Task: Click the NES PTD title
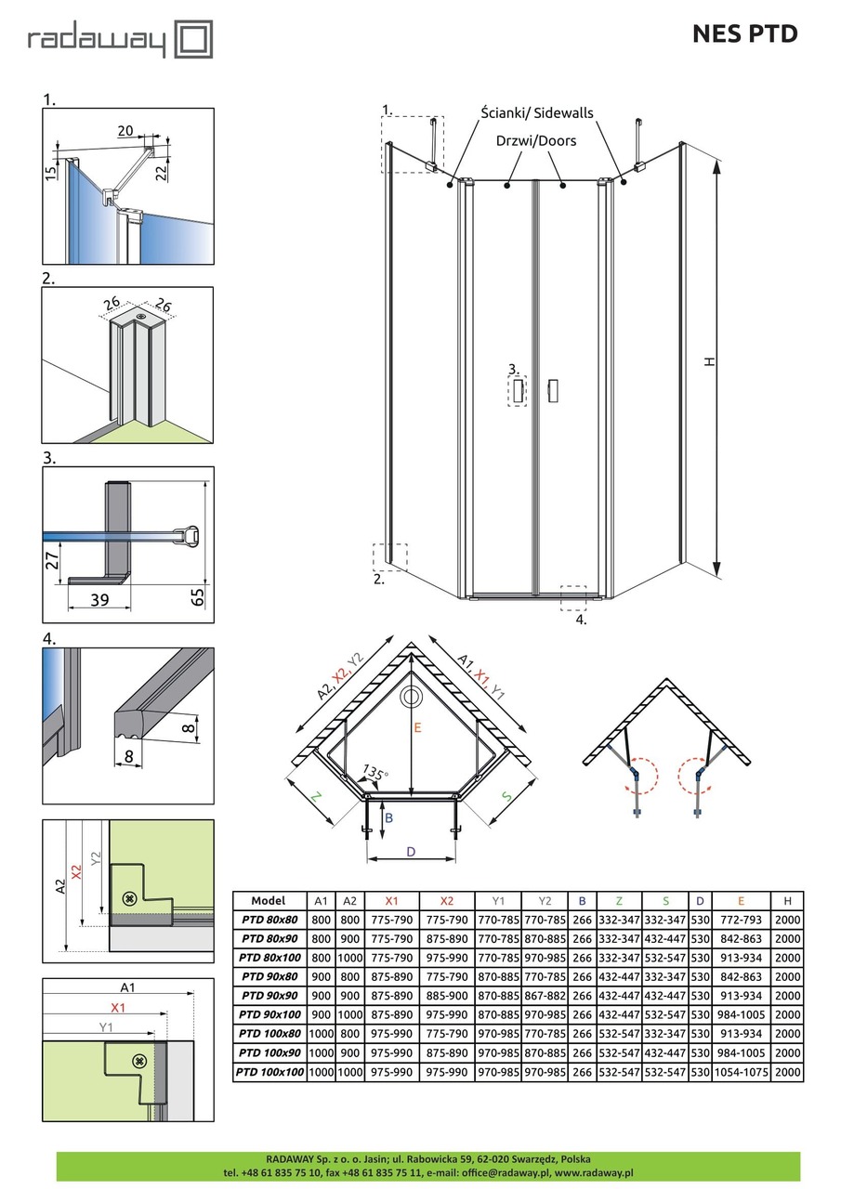744,34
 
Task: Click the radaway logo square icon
194,41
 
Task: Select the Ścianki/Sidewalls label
536,113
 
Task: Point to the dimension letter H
709,362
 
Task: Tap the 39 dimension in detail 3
99,600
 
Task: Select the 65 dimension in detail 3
197,595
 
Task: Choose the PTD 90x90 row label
271,995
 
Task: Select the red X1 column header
390,900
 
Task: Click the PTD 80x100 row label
271,957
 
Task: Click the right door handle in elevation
554,390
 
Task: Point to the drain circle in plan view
410,698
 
